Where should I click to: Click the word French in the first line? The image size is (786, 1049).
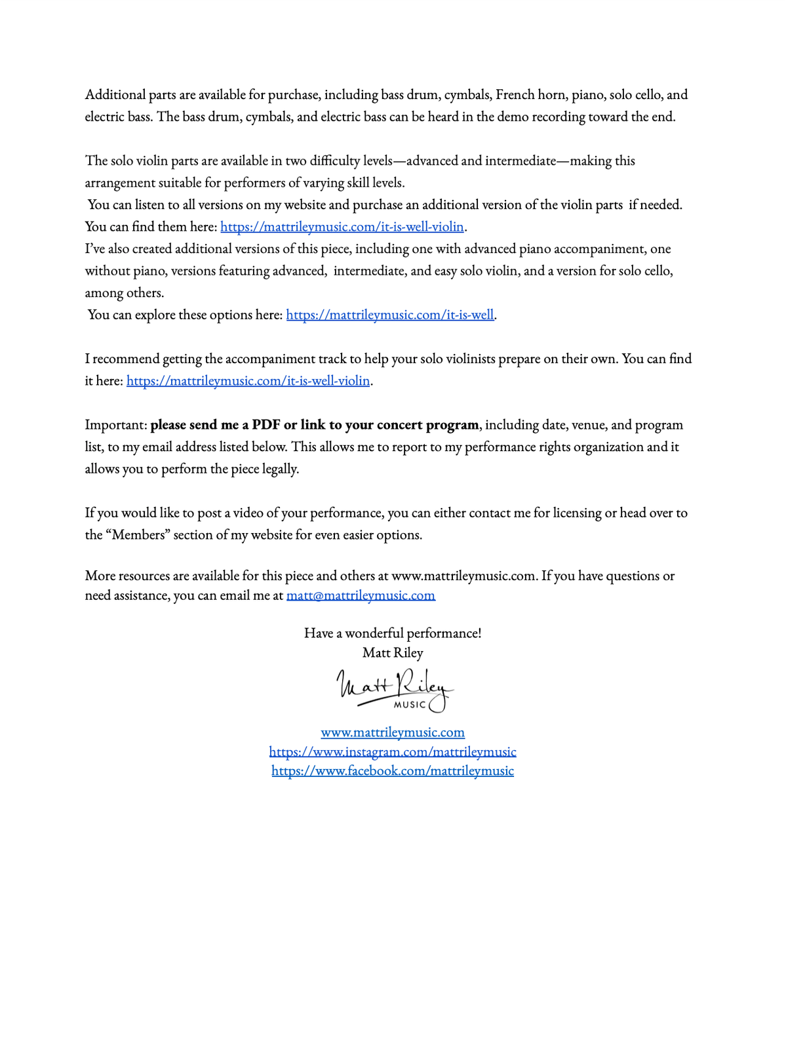pos(515,94)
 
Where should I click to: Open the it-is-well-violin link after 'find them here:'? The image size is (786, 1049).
pos(342,227)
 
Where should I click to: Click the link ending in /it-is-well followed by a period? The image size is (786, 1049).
pos(389,315)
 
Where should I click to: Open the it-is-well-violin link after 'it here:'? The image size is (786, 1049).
pos(248,381)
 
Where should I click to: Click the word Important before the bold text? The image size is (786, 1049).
pos(115,425)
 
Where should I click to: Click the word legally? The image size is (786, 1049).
pos(280,469)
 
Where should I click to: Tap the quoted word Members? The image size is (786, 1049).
pos(139,535)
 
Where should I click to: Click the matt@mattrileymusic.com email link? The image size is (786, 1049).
pos(361,595)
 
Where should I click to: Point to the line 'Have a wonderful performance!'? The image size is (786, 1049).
pos(393,633)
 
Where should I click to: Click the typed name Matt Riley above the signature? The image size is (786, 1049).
pos(393,653)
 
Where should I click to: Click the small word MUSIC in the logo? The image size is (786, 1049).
pos(410,705)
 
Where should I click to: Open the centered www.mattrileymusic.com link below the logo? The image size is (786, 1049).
pos(393,732)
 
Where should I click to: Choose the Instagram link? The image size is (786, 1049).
pos(393,751)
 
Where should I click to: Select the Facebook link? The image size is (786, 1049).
pos(393,771)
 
